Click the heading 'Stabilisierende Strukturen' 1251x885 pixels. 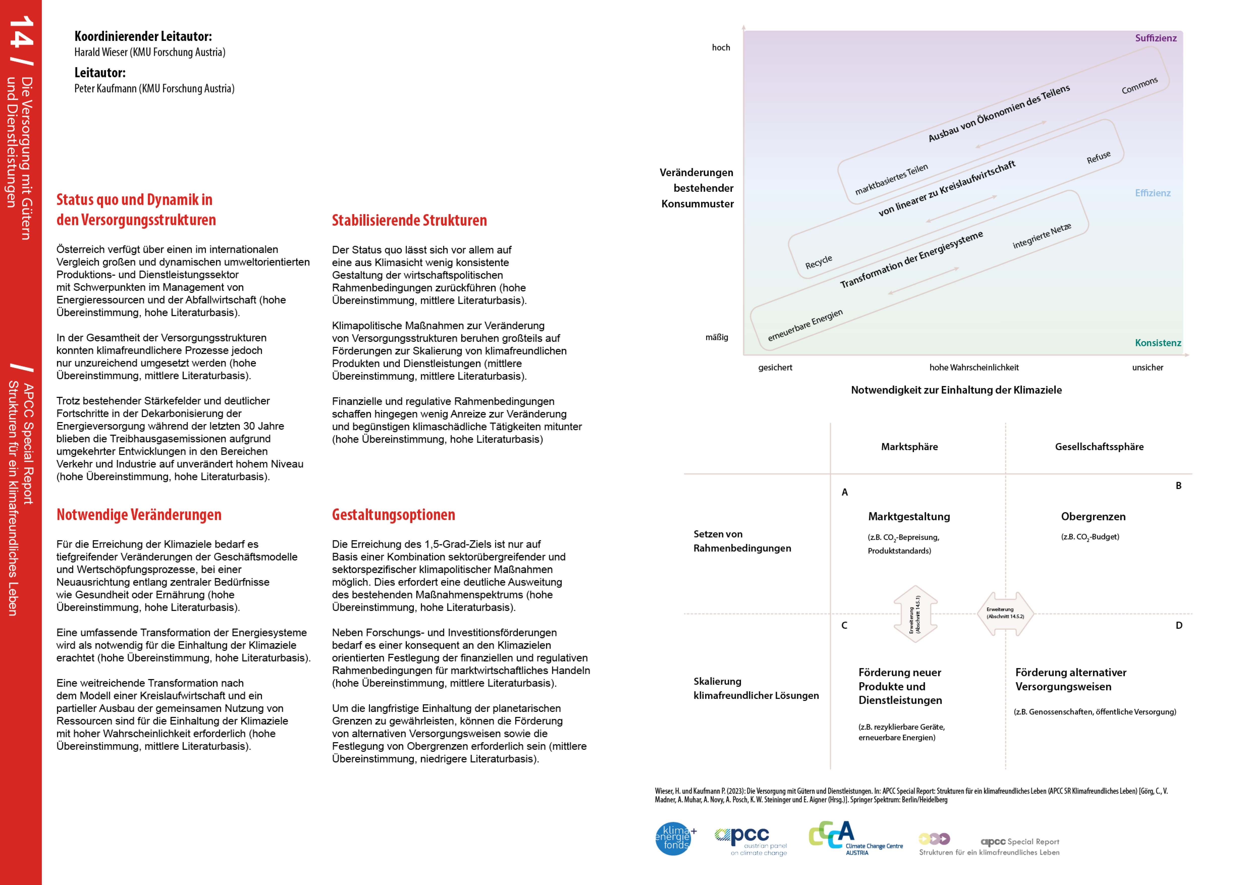[x=409, y=220]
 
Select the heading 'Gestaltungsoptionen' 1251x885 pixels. [x=393, y=514]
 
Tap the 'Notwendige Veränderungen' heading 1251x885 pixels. [x=139, y=514]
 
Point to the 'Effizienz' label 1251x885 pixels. [x=1152, y=193]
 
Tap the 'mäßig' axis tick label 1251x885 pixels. [x=716, y=337]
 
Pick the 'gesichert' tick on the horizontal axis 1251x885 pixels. [x=775, y=367]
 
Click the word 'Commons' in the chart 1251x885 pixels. [x=1139, y=86]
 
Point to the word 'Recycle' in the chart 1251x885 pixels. [x=818, y=262]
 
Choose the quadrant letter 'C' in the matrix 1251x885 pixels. [x=844, y=625]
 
